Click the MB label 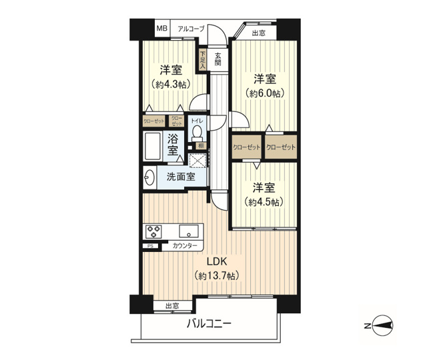coord(162,29)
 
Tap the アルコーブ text coord(191,29)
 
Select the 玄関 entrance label coord(218,59)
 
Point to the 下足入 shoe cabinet coord(203,59)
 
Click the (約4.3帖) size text coord(171,85)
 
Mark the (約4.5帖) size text coord(264,201)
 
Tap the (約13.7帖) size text coord(217,275)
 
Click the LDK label coord(216,261)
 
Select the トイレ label coord(197,121)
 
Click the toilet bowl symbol coord(197,133)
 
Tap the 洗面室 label coord(181,177)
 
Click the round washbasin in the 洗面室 coord(149,177)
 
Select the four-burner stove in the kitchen coord(153,232)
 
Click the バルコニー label coord(208,324)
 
